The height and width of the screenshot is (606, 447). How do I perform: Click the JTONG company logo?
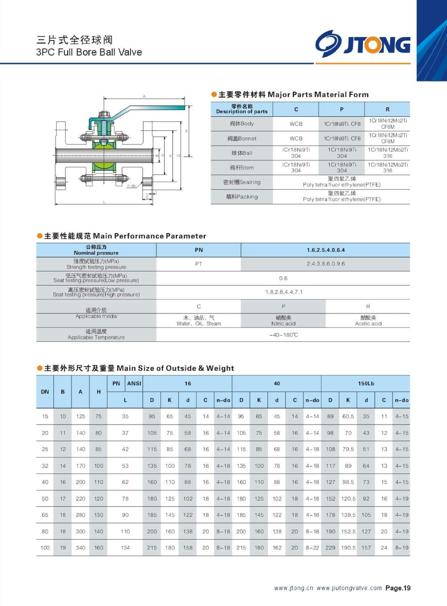(363, 44)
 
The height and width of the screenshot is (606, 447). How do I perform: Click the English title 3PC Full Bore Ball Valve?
(89, 52)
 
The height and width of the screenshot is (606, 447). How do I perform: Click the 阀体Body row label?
(242, 124)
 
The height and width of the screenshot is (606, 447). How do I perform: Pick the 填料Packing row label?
(242, 197)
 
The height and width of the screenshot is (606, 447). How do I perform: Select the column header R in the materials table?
(387, 109)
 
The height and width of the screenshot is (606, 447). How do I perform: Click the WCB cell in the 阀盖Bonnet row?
(296, 139)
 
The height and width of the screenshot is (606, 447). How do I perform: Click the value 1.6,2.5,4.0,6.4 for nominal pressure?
(325, 250)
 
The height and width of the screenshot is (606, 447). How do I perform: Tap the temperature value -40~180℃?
(283, 335)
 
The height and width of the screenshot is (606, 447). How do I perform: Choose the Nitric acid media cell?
(283, 321)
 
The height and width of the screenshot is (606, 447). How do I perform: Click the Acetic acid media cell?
(368, 321)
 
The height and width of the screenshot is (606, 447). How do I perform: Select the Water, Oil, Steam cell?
(198, 321)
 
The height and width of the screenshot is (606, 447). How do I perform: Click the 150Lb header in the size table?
(366, 384)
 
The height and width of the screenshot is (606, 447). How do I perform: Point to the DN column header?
(45, 392)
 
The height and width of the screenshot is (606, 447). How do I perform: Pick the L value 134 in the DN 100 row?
(125, 548)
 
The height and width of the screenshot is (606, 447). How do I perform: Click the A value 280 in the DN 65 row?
(80, 515)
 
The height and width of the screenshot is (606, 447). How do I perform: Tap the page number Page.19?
(398, 588)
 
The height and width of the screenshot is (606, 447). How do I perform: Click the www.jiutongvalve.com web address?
(349, 588)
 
